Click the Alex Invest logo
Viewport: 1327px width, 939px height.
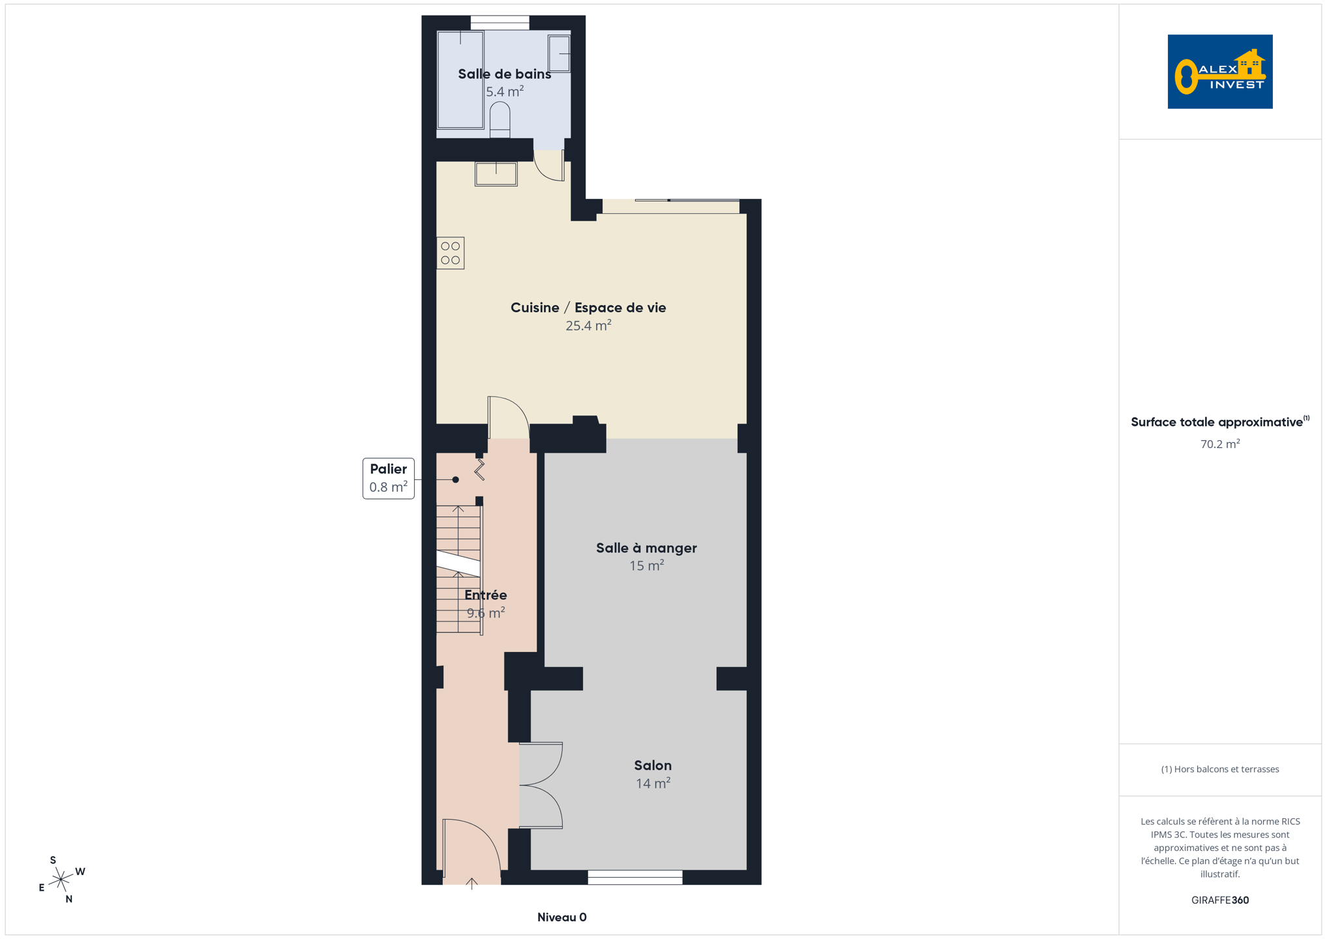coord(1219,72)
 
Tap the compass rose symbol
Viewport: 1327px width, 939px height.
coord(61,880)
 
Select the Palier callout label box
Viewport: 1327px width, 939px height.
coord(389,478)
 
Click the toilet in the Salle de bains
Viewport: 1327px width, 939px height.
coord(499,119)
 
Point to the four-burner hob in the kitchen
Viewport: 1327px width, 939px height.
coord(451,253)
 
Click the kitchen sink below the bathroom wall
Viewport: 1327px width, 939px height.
coord(496,174)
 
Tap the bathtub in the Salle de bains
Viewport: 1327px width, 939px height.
coord(460,80)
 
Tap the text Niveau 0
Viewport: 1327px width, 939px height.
coord(562,917)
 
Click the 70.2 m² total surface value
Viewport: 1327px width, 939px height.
coord(1220,443)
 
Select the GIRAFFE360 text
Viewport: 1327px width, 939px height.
coord(1220,900)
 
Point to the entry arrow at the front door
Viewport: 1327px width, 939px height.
coord(472,884)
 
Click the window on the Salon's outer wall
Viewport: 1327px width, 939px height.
coord(635,877)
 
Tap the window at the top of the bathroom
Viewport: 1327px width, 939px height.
coord(500,23)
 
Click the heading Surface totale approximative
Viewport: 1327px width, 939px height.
coord(1217,422)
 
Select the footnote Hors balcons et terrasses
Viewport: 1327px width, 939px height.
coord(1220,769)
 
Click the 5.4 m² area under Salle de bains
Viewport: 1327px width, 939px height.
coord(505,91)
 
